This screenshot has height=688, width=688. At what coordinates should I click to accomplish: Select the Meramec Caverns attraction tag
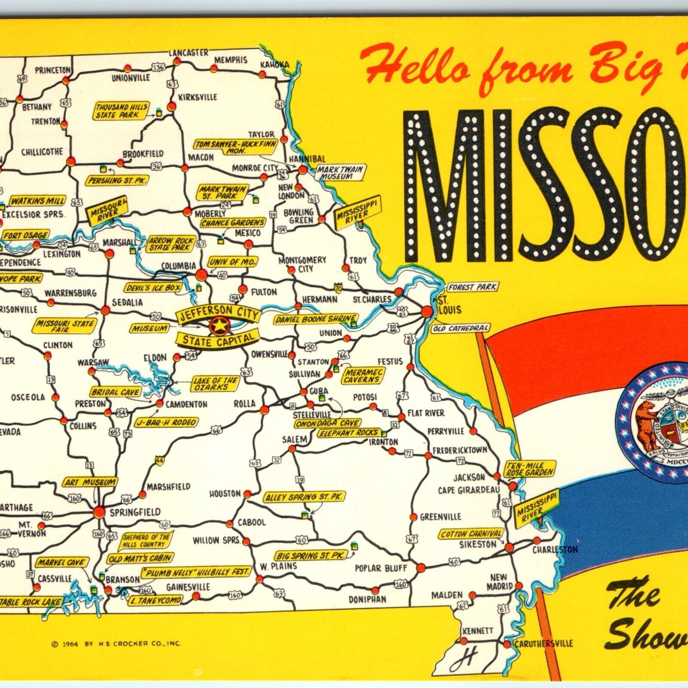[362, 377]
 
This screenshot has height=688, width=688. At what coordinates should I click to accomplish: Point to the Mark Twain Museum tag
[340, 172]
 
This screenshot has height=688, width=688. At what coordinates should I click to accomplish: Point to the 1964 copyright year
[69, 644]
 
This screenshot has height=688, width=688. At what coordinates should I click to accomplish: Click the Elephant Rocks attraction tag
[348, 433]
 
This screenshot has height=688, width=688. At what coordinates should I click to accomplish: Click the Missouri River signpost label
[107, 209]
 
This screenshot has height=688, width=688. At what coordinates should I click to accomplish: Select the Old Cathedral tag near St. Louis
[461, 329]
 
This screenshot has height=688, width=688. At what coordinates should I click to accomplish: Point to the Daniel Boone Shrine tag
[315, 319]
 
